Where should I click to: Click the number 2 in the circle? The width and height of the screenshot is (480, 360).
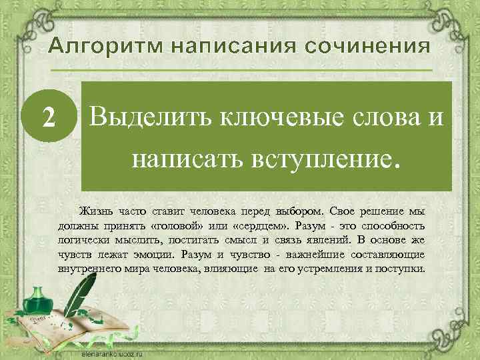pyautogui.click(x=48, y=118)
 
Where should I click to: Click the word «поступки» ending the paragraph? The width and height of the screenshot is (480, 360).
pyautogui.click(x=396, y=270)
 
